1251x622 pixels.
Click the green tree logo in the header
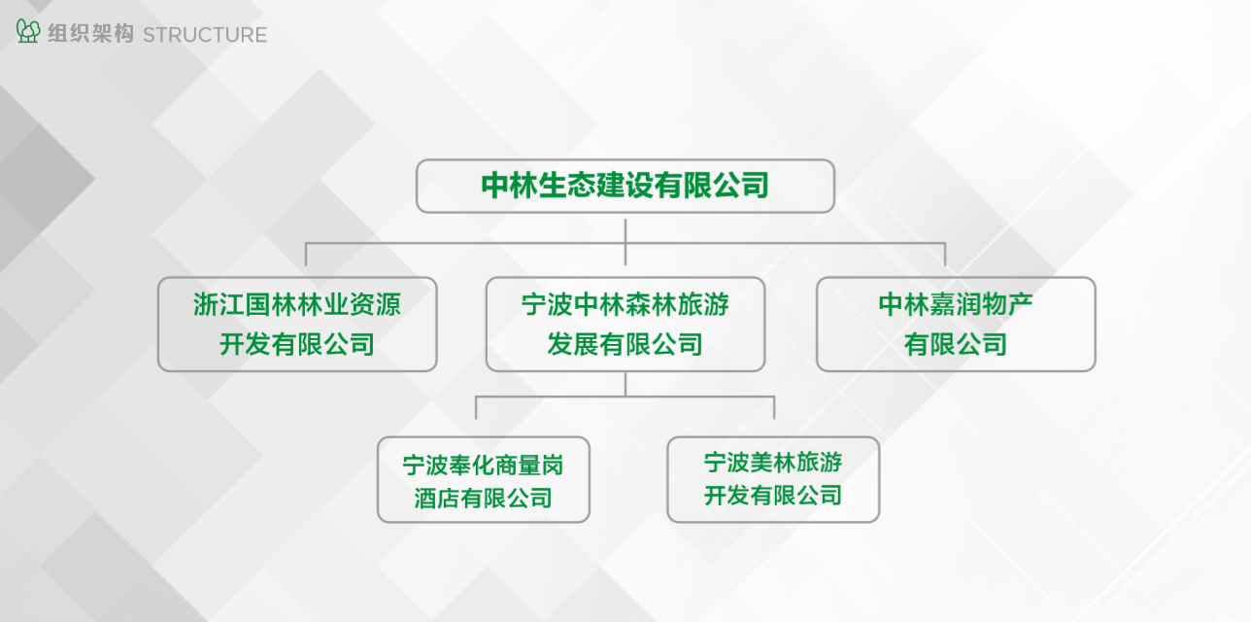[x=28, y=31]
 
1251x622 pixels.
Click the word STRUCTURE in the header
[x=205, y=35]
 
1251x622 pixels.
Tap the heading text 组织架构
[x=90, y=34]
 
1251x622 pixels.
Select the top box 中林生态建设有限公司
[x=625, y=186]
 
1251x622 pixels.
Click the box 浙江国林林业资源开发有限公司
[x=297, y=325]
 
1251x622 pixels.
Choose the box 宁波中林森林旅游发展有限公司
[x=625, y=325]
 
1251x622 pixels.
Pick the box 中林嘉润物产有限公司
[x=956, y=325]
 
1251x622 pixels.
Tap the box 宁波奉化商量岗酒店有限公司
[x=484, y=479]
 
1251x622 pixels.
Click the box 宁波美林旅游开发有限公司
[x=773, y=479]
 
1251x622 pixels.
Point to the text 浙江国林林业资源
[x=297, y=304]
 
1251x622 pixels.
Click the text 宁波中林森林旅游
[x=625, y=304]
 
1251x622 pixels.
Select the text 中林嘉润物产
[x=956, y=304]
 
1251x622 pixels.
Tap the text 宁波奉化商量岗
[x=483, y=465]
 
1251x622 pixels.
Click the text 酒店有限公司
[x=483, y=498]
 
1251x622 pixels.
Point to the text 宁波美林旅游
[x=773, y=463]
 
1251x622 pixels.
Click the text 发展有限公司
[x=625, y=344]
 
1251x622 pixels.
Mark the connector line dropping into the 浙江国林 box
[x=306, y=255]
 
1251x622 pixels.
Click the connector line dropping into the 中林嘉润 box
[x=945, y=255]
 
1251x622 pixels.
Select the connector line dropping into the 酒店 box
[x=476, y=408]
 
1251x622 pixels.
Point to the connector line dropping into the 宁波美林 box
[x=774, y=408]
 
